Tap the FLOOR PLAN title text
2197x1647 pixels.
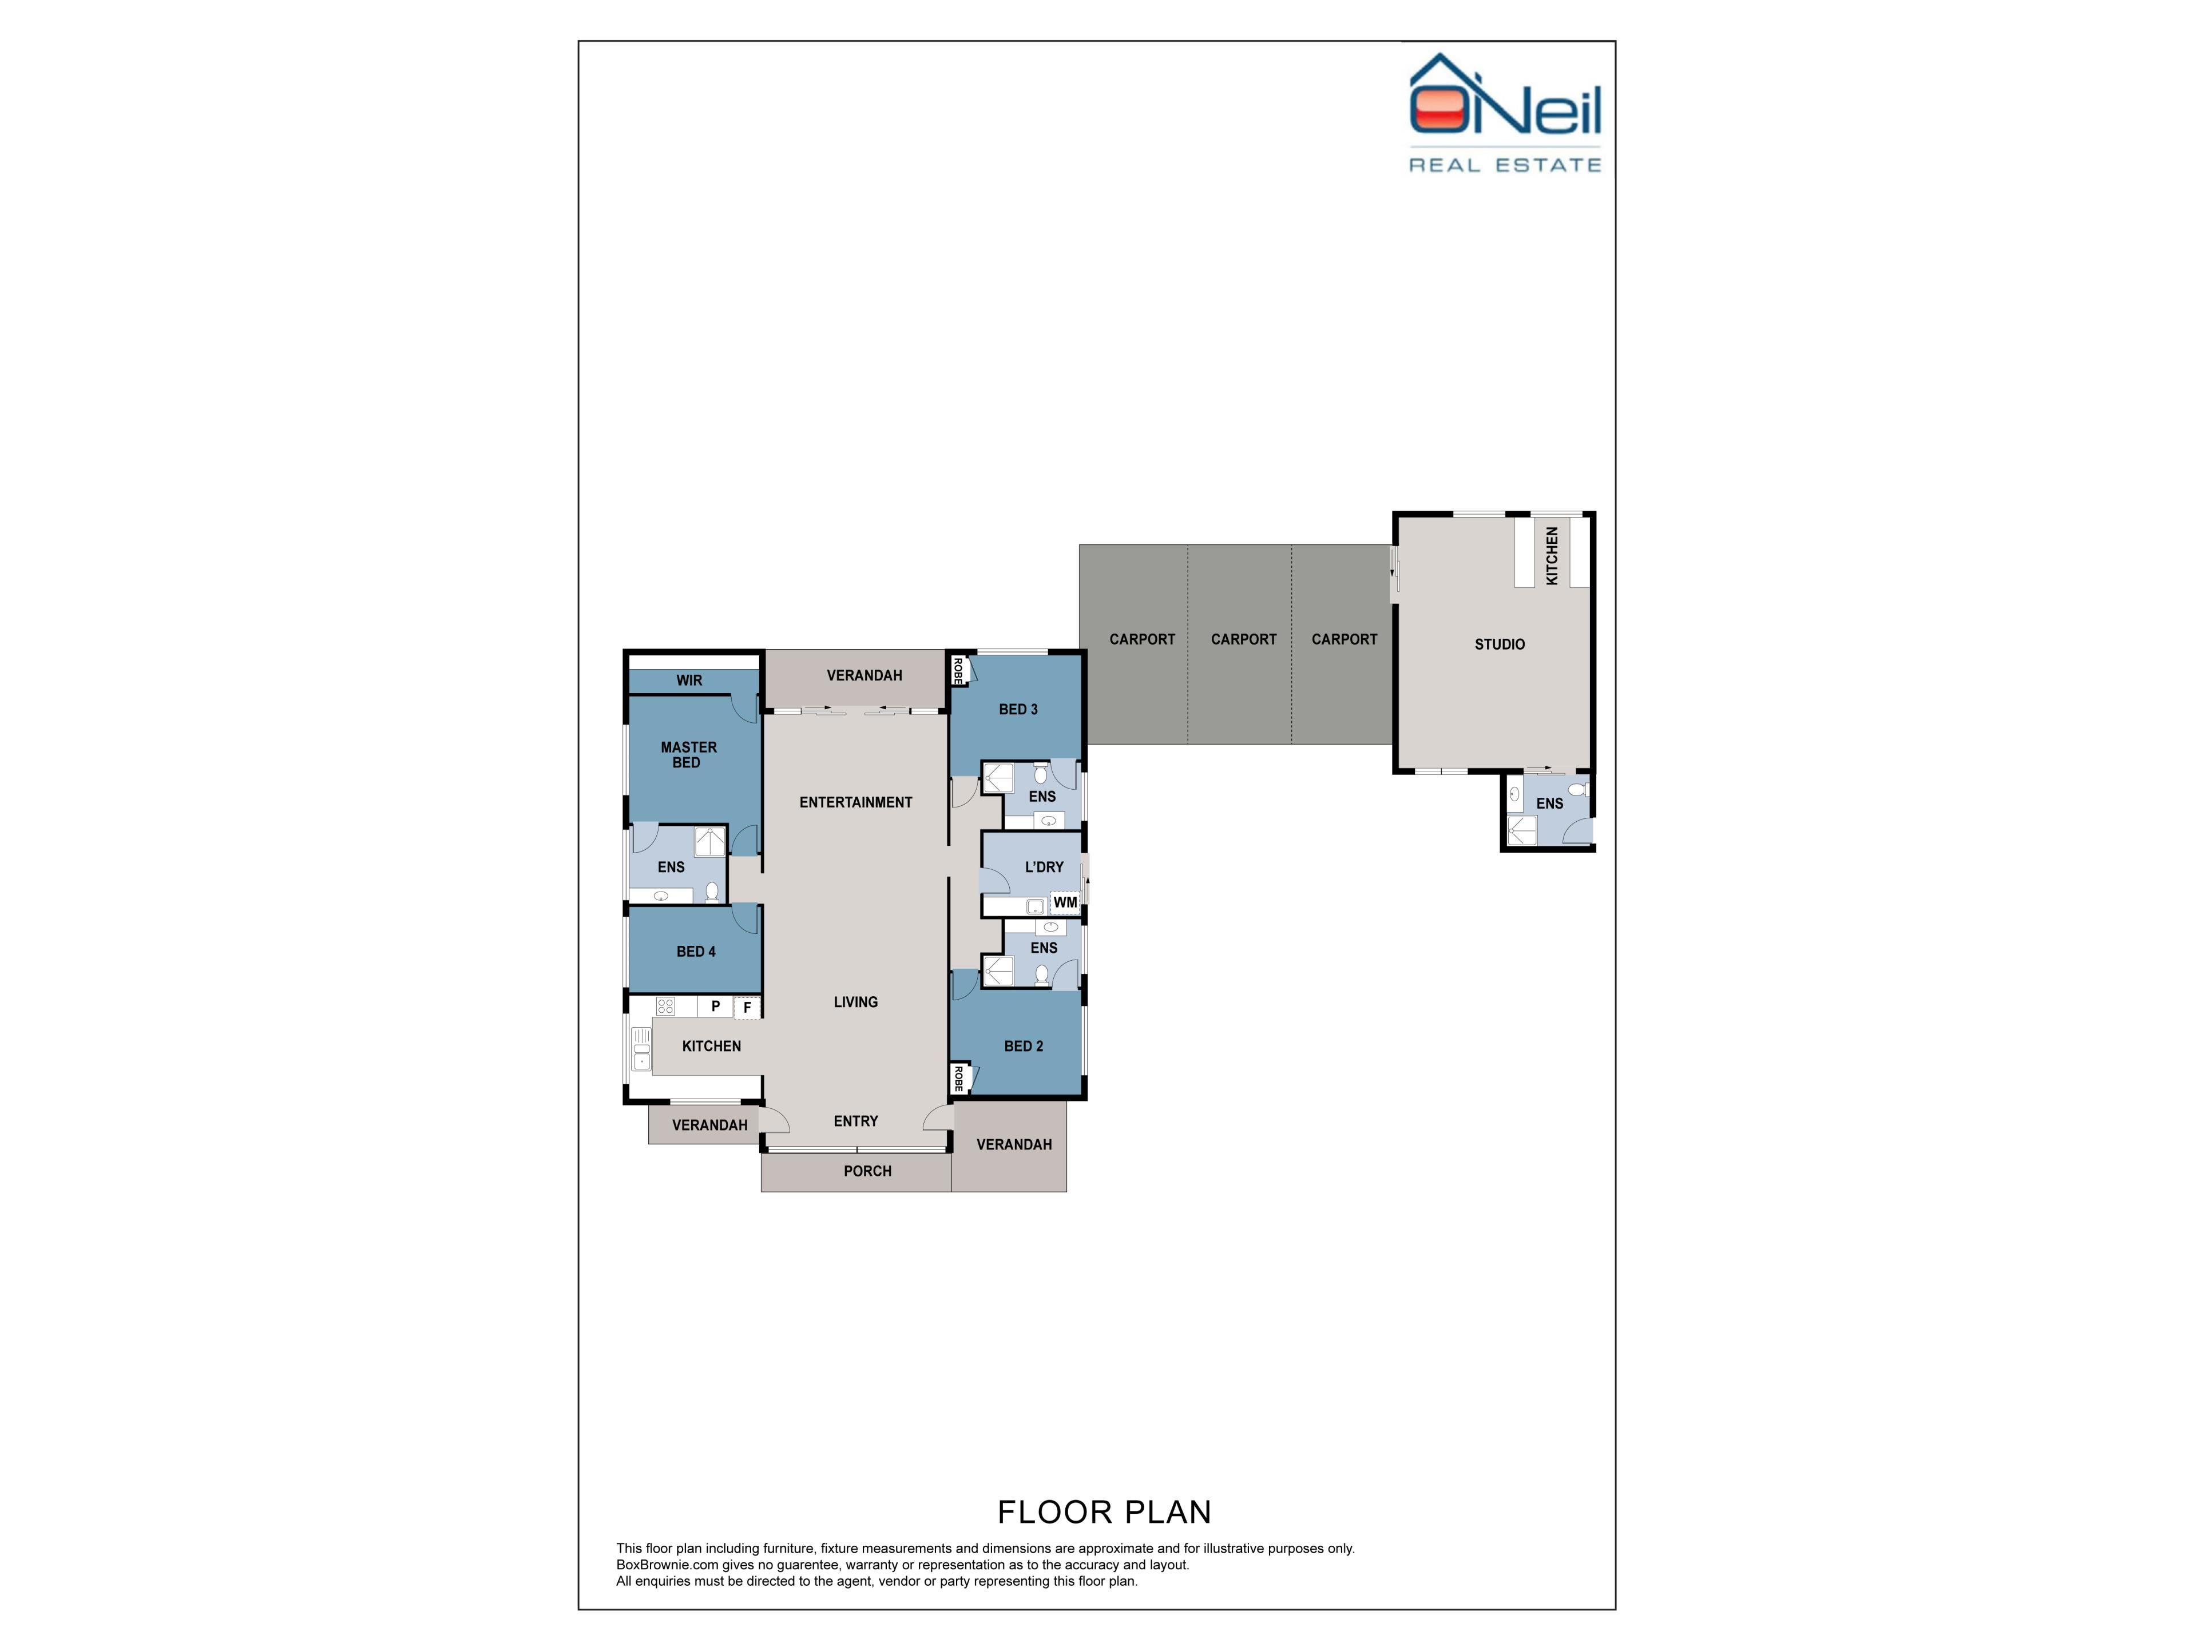click(1104, 1512)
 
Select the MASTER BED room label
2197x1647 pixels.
click(688, 754)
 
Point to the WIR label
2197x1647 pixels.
click(689, 680)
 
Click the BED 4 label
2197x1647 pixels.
click(696, 951)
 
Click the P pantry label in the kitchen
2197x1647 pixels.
click(715, 1006)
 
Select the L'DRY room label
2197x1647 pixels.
click(1044, 867)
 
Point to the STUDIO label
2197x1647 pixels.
click(1500, 645)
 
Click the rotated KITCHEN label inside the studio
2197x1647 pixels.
click(1552, 556)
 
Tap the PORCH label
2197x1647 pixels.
click(868, 1171)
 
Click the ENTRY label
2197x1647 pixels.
click(856, 1121)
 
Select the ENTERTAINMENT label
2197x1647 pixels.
click(856, 802)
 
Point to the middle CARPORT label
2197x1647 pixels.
click(1243, 639)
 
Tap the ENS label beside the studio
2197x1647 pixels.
click(1549, 803)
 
